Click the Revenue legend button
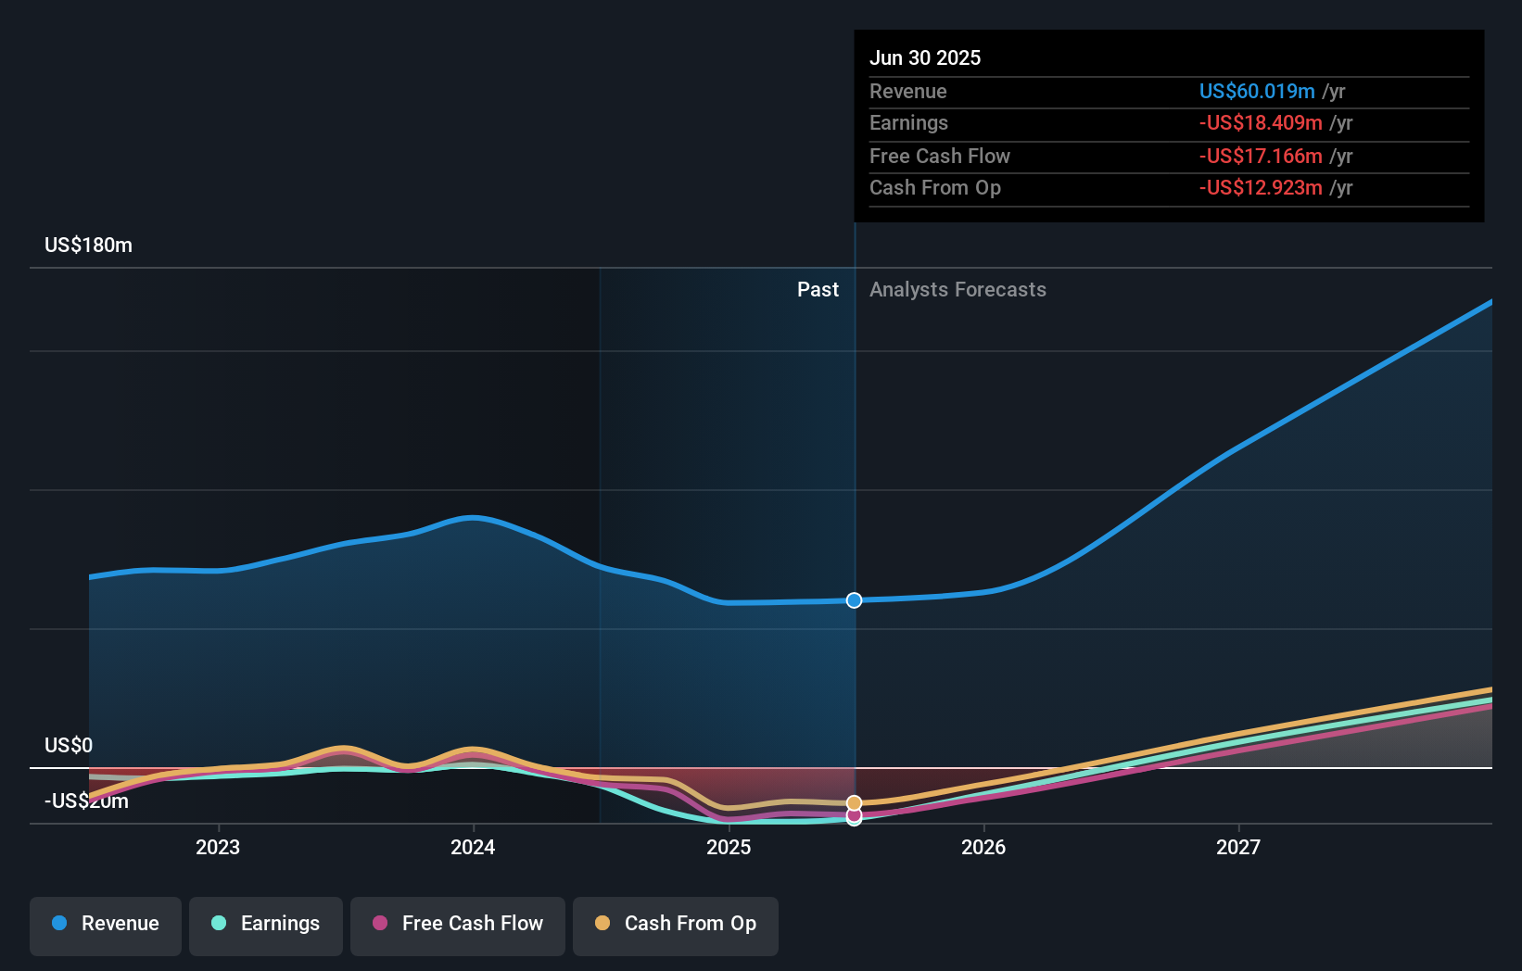coord(106,924)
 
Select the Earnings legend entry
coord(266,924)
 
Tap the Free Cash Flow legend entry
coord(458,924)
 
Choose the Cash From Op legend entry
coord(676,924)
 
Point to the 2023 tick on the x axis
coord(218,847)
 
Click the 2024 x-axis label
coord(473,847)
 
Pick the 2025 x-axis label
coord(729,847)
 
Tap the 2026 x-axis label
coord(983,847)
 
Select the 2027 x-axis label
coord(1238,847)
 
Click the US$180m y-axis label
coord(88,246)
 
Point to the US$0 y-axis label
coord(69,746)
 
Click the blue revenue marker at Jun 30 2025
coord(855,600)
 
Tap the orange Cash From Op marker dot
coord(855,802)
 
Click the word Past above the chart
coord(818,290)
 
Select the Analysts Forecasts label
coord(958,290)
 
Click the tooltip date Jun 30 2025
coord(925,58)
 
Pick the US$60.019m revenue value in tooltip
coord(1257,92)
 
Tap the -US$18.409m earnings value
coord(1261,123)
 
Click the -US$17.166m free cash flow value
coord(1261,157)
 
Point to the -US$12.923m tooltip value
coord(1261,188)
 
